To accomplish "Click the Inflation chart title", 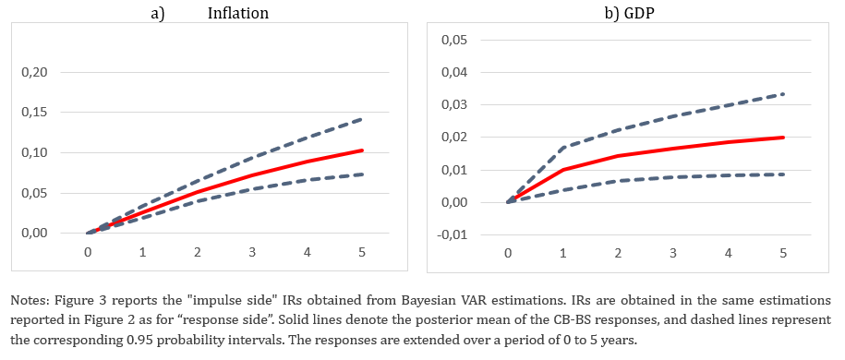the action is (x=237, y=13).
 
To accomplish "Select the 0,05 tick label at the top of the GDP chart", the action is (x=453, y=40).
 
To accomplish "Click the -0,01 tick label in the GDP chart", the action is (x=451, y=235).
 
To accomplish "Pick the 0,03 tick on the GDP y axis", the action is (x=453, y=104).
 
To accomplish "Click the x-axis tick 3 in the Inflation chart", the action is (x=253, y=251).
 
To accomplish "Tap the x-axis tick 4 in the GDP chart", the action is (x=728, y=253).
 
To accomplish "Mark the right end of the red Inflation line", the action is (x=362, y=150).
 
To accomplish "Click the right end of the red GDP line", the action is (x=782, y=138).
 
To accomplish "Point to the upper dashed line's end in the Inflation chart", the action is (x=362, y=118).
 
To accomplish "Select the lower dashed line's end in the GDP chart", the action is (x=782, y=174).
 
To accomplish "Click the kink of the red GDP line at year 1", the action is (x=563, y=170).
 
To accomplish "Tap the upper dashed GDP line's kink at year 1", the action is (x=563, y=147).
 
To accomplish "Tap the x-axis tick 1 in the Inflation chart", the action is (x=143, y=251).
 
